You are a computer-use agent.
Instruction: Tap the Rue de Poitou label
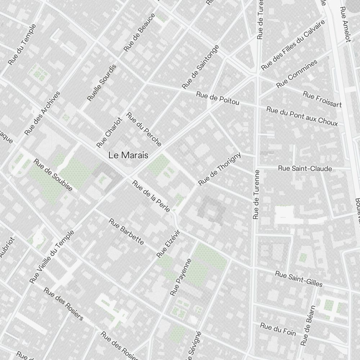tap(217, 98)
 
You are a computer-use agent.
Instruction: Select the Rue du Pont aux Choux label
tap(302, 116)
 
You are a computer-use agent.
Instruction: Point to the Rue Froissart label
tap(322, 99)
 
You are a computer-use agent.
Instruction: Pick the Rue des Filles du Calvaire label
tap(293, 45)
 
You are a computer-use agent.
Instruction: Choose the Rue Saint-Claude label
tap(305, 168)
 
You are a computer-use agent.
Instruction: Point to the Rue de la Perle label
tap(151, 196)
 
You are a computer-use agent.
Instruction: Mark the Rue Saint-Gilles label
tap(298, 279)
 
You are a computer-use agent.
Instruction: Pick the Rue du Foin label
tap(278, 329)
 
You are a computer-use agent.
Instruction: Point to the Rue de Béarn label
tap(309, 325)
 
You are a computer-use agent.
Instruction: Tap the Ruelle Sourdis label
tap(102, 82)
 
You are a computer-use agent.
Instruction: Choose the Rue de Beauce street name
tap(139, 32)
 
